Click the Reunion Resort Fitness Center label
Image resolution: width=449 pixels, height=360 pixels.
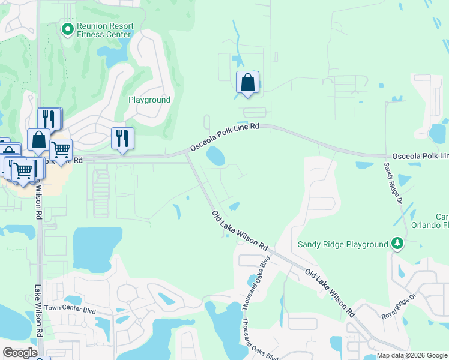point(104,31)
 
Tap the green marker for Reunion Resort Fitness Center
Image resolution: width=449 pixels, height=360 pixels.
point(68,28)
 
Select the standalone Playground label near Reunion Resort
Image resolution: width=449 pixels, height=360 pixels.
point(149,100)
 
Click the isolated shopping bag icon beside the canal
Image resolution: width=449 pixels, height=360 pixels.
point(247,83)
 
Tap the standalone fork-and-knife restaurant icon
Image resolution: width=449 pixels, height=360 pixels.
point(122,139)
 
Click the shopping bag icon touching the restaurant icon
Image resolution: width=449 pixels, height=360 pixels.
point(38,140)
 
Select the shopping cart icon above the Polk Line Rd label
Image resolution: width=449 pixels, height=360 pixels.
point(61,149)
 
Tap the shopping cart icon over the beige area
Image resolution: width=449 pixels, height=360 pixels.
point(23,170)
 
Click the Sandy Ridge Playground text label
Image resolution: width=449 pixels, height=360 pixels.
point(343,244)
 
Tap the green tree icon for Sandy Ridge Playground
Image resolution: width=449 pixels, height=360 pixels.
point(396,243)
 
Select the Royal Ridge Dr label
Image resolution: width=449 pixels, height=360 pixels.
point(398,307)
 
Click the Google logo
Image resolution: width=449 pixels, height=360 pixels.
point(20,353)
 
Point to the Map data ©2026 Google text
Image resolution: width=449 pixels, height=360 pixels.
point(411,356)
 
